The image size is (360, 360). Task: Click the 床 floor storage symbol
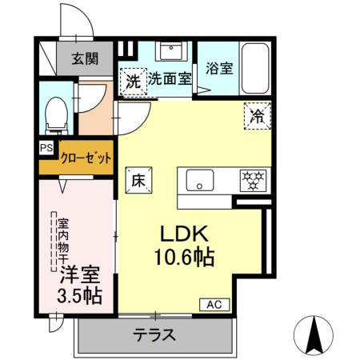[x=137, y=180]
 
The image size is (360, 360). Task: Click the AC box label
[x=215, y=304]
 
